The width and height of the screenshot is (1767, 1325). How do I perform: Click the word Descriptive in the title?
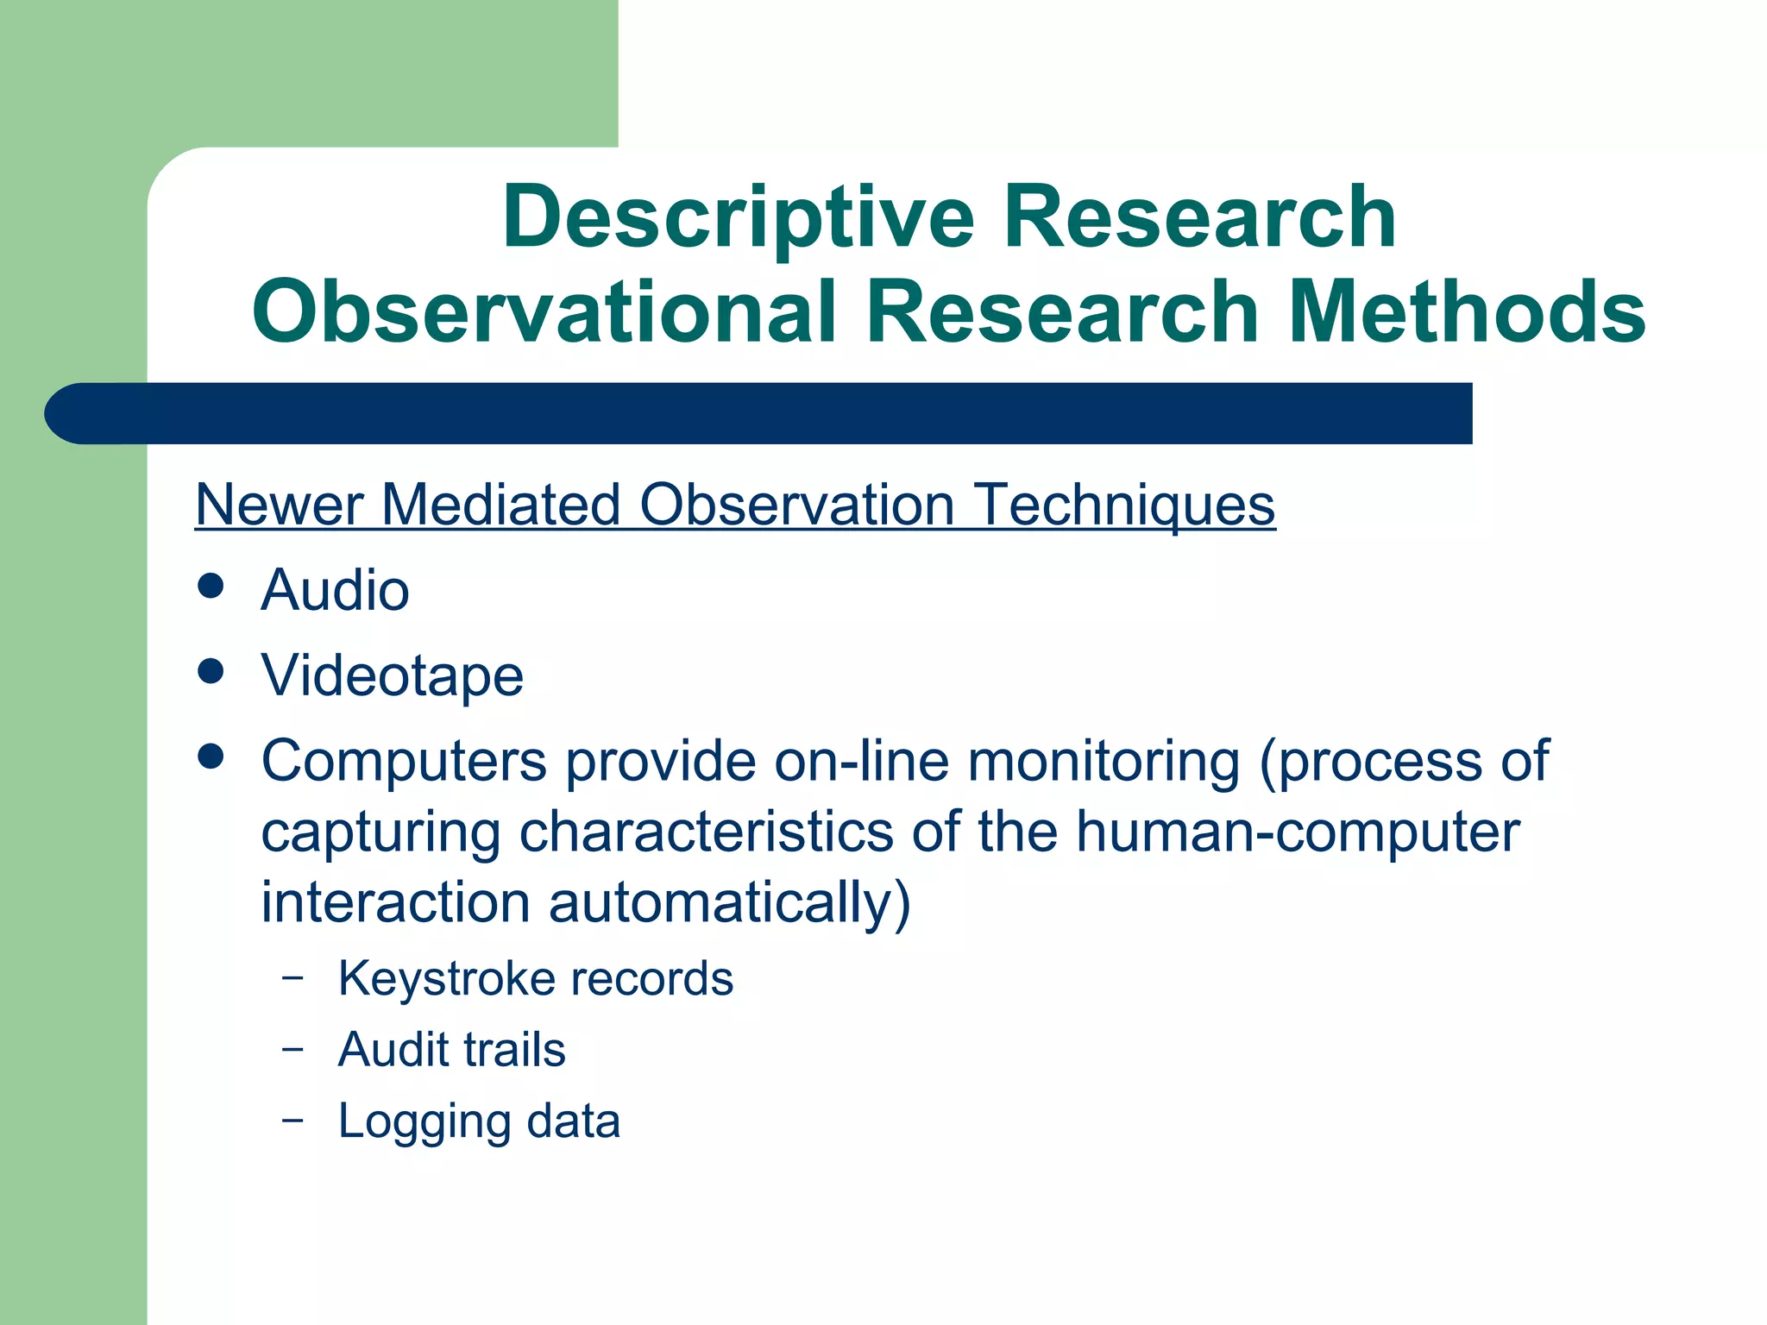738,217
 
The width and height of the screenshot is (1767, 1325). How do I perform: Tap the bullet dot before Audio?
211,586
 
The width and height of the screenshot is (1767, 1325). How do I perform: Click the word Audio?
335,591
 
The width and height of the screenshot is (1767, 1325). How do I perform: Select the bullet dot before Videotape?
211,670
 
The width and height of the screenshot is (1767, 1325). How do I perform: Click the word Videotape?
393,675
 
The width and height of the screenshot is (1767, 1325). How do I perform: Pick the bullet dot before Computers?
211,757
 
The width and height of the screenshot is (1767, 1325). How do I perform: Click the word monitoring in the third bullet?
1104,762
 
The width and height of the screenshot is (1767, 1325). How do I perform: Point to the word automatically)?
729,903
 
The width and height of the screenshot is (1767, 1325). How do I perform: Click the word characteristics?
706,832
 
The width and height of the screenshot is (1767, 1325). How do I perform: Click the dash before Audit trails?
292,1049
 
